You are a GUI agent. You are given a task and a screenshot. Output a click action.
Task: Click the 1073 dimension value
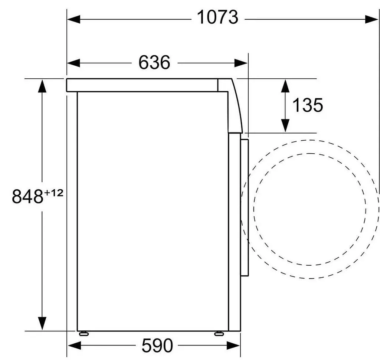(217, 17)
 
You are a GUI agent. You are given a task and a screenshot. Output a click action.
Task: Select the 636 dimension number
(154, 62)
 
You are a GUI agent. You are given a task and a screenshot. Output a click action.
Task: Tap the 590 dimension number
(157, 345)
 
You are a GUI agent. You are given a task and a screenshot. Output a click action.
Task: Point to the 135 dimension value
(308, 105)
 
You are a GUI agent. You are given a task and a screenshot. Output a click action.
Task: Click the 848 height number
(27, 196)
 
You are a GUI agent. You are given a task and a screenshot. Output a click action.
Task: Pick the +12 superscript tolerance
(53, 193)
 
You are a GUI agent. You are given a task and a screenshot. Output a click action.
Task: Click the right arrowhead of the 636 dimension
(241, 63)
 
